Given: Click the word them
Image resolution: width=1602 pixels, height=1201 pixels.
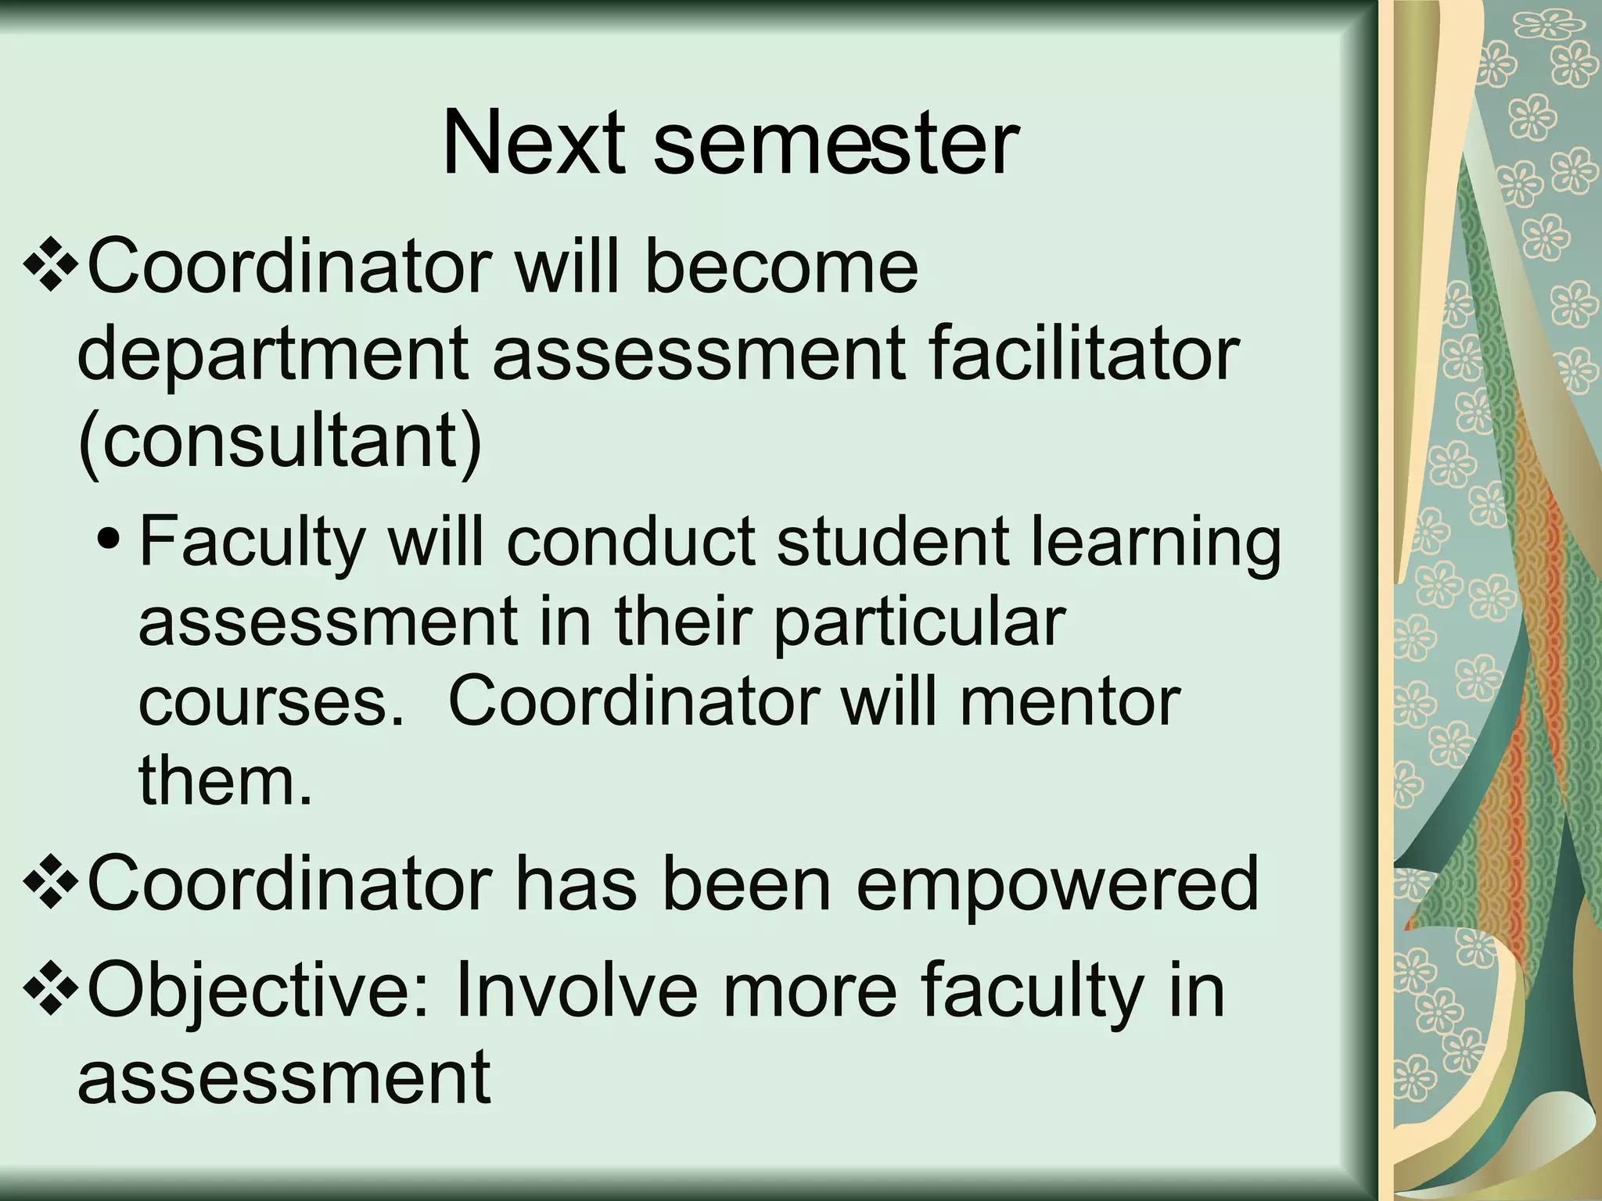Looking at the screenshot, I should click(x=225, y=781).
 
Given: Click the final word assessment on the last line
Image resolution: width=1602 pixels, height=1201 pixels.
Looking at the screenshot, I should click(x=284, y=1078).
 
